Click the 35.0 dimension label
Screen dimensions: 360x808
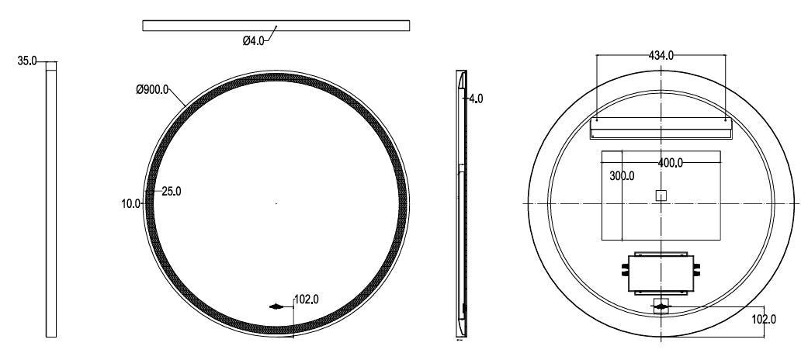pos(27,61)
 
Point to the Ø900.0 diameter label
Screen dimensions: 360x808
pos(152,90)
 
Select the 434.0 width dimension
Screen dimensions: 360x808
pos(661,54)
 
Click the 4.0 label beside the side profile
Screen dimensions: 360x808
pos(476,99)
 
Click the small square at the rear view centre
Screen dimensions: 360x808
pos(661,196)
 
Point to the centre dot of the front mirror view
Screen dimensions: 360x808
pos(276,203)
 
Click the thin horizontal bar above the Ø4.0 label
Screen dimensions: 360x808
pos(276,26)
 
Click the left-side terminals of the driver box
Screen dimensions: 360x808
pos(624,272)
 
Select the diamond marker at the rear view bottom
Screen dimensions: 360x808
pos(661,307)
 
